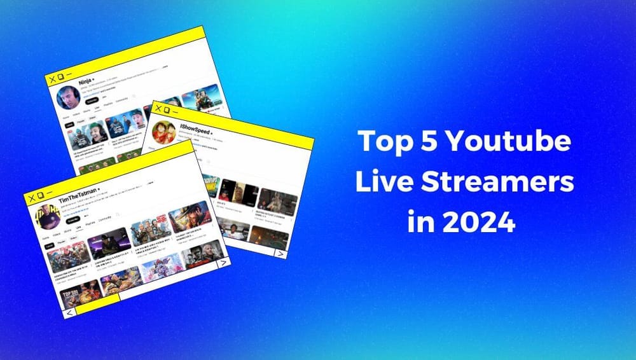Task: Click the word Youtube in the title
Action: pyautogui.click(x=516, y=141)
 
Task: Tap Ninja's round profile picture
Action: pyautogui.click(x=67, y=98)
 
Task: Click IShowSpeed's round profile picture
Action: pyautogui.click(x=163, y=132)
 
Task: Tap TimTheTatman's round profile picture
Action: pyautogui.click(x=48, y=216)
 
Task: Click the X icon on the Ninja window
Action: pyautogui.click(x=50, y=79)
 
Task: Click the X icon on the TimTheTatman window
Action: pyautogui.click(x=31, y=194)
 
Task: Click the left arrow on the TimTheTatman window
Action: pyautogui.click(x=70, y=312)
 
